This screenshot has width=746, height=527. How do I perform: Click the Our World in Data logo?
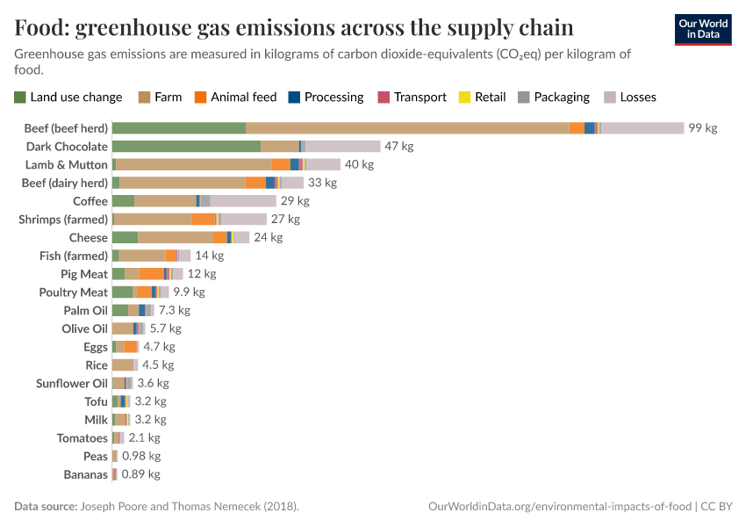(x=702, y=29)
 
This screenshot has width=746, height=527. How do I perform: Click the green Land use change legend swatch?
(x=20, y=97)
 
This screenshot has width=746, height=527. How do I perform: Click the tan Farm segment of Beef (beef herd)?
(x=406, y=128)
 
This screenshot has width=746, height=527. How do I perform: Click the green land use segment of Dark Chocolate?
(x=186, y=147)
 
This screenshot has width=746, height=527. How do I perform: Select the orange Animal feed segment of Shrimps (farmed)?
(x=204, y=220)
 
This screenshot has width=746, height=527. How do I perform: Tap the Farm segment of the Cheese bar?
(x=176, y=237)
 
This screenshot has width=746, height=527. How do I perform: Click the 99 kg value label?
(x=702, y=128)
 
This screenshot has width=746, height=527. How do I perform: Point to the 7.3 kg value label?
(x=174, y=310)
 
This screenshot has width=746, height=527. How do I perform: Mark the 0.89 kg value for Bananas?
(x=140, y=474)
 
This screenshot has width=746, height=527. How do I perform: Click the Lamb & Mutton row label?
(x=67, y=165)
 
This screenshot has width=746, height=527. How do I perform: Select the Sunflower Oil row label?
(x=72, y=383)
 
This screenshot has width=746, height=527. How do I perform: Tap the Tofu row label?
(x=96, y=401)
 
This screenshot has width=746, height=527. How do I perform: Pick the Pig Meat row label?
(x=84, y=274)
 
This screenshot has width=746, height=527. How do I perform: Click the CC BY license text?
(x=719, y=507)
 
